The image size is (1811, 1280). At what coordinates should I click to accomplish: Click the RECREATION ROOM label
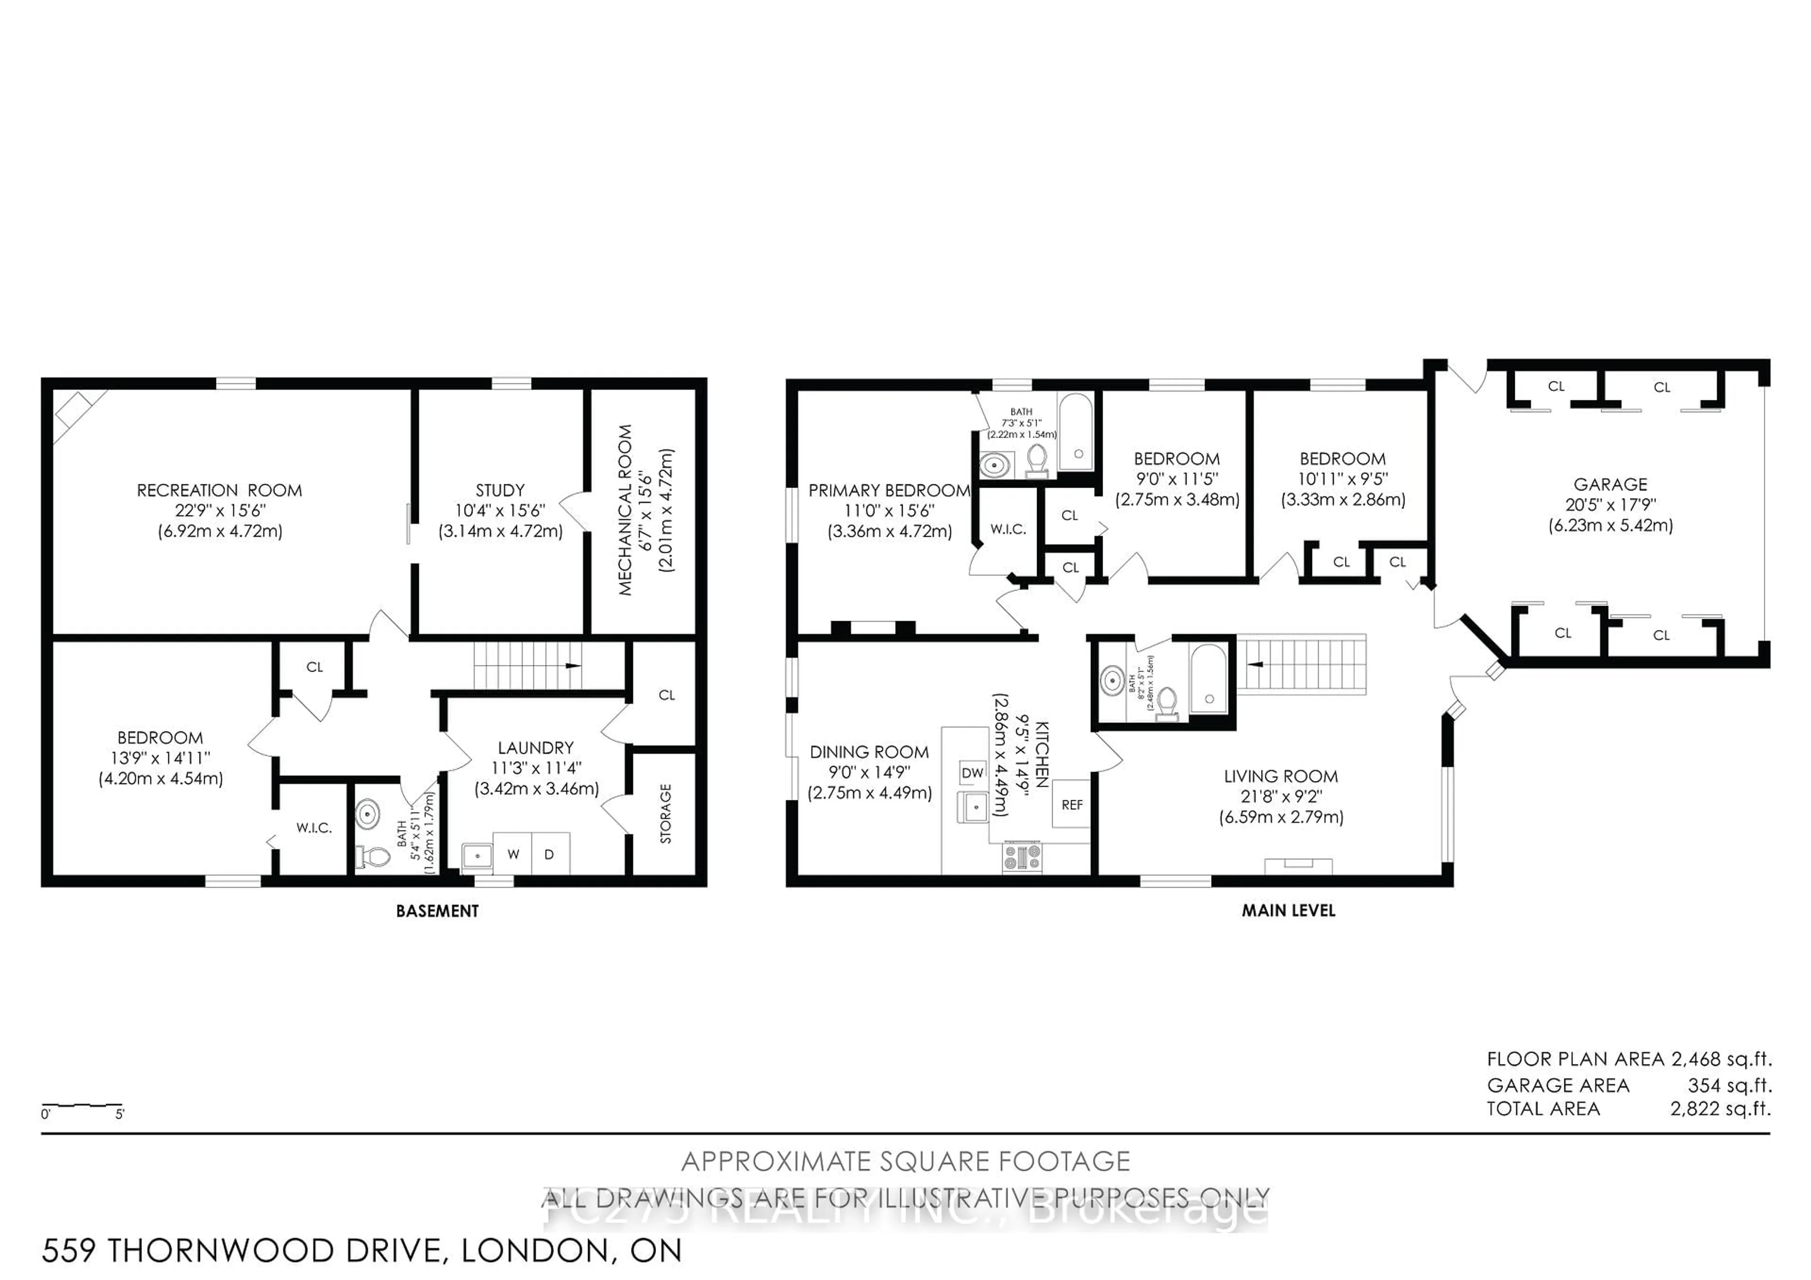pos(219,490)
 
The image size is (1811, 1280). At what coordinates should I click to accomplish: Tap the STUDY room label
pos(500,490)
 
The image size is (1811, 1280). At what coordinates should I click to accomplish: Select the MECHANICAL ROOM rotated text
pos(625,510)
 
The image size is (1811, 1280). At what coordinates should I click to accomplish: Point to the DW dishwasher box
pos(972,773)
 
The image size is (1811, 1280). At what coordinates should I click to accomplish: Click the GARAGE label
pos(1610,485)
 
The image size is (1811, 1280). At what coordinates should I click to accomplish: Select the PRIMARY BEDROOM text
pos(889,490)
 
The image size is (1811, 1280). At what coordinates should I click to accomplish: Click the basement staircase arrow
pos(573,665)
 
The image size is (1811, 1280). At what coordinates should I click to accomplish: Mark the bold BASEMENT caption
pos(437,912)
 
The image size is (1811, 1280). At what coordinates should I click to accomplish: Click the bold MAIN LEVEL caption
pos(1288,911)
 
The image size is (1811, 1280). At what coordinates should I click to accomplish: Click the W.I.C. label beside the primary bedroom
pos(1008,529)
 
